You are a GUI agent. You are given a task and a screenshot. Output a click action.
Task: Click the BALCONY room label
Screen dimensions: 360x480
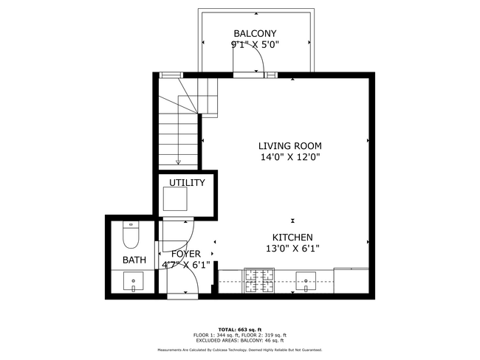click(256, 33)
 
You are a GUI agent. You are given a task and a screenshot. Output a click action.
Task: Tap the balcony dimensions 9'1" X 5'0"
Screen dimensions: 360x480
click(256, 44)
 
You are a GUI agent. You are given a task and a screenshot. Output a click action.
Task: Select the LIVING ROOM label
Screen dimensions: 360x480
click(289, 145)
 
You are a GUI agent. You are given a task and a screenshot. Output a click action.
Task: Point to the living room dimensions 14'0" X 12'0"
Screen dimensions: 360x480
click(289, 156)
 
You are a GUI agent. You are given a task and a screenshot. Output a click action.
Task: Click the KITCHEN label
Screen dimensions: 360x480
click(293, 237)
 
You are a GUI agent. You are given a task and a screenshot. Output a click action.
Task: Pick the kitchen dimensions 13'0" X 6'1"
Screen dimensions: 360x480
click(293, 249)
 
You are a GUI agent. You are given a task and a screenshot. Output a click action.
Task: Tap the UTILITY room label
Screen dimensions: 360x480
click(187, 182)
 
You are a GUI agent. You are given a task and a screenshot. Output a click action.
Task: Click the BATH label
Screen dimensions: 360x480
click(134, 260)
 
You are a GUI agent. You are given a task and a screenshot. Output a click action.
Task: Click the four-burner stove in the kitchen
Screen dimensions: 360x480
click(260, 280)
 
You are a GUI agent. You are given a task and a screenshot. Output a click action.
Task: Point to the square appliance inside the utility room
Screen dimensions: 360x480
click(176, 199)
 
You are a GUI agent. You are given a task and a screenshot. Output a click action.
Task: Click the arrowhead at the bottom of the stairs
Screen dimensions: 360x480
click(178, 162)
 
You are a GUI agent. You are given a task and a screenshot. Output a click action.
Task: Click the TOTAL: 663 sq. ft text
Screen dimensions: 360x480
click(239, 329)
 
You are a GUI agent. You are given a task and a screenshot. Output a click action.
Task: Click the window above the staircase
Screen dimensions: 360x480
click(171, 75)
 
